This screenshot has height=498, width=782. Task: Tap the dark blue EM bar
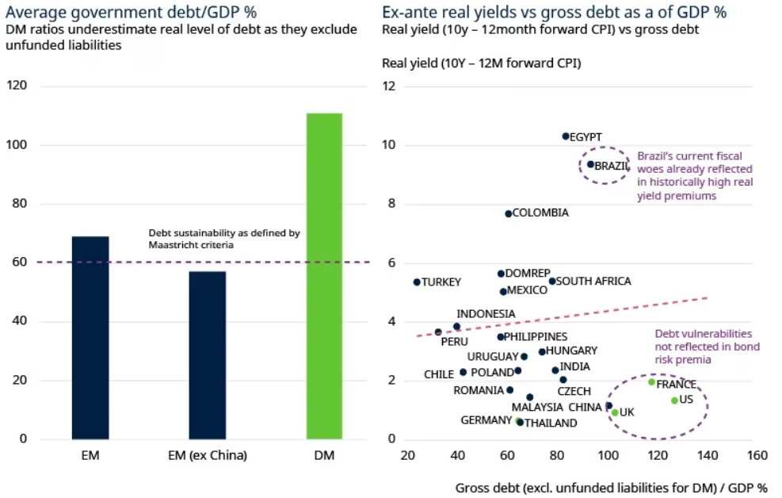[x=90, y=338]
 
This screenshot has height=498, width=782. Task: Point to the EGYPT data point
[x=566, y=136]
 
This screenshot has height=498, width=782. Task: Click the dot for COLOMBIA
[x=509, y=213]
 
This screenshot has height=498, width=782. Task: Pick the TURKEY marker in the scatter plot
[x=417, y=282]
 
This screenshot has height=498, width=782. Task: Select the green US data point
[x=674, y=400]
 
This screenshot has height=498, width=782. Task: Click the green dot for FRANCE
[x=651, y=382]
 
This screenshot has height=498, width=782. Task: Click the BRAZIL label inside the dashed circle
[x=612, y=166]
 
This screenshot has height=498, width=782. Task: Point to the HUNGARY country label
[x=571, y=351]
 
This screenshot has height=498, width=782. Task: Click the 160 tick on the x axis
[x=757, y=456]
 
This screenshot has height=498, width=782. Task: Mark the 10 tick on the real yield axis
[x=389, y=145]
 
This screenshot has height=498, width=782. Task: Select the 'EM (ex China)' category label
[x=207, y=455]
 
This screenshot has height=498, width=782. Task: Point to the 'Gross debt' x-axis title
[x=484, y=487]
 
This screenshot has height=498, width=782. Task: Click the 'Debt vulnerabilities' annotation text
[x=703, y=334]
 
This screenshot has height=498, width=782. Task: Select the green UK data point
[x=615, y=412]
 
